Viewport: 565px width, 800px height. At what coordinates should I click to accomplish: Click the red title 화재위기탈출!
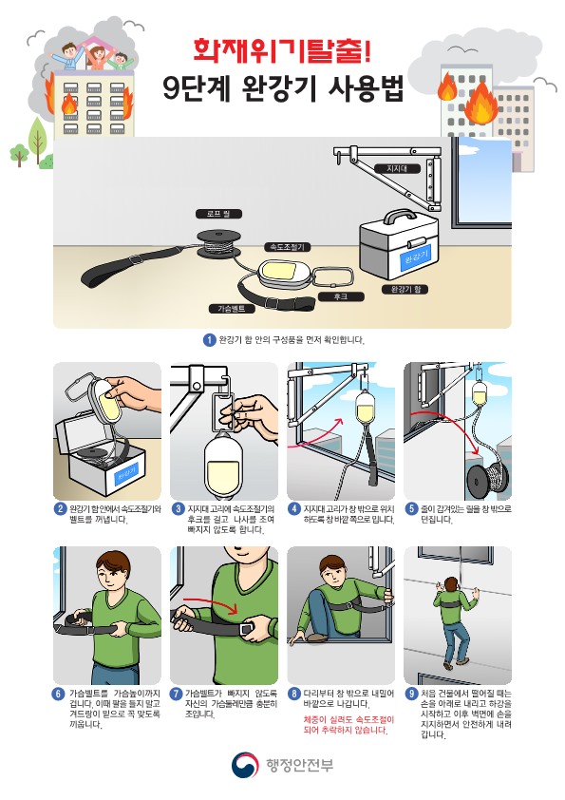(x=282, y=50)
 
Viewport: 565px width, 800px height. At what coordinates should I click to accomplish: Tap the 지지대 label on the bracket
(x=397, y=169)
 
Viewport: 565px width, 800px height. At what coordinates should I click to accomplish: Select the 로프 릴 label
(x=218, y=214)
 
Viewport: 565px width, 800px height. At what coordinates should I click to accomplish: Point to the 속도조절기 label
(x=287, y=247)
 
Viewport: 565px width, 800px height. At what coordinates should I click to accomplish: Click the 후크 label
(x=341, y=296)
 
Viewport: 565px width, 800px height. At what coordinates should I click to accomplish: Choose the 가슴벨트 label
(x=232, y=309)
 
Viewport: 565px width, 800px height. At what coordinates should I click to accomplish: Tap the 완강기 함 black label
(x=405, y=289)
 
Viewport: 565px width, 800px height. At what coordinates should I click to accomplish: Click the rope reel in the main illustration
(x=218, y=243)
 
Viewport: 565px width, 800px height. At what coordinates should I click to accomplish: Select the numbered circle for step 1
(x=209, y=340)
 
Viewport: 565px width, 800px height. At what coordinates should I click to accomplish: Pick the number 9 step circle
(x=412, y=694)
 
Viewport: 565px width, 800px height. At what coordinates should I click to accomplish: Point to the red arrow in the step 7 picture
(x=211, y=603)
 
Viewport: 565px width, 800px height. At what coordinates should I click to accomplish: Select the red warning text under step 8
(x=348, y=725)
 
